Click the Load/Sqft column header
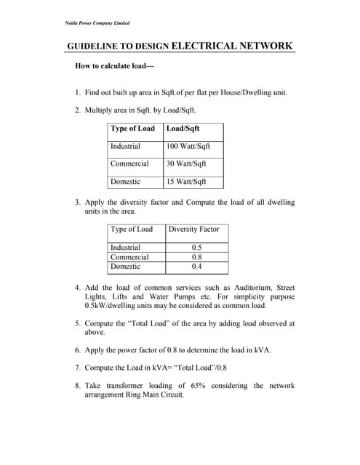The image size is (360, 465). tap(183, 129)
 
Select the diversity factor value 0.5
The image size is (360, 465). tap(196, 248)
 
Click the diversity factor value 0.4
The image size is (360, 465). tap(196, 267)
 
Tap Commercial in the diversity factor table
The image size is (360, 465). tap(129, 257)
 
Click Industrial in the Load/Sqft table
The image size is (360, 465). tap(126, 146)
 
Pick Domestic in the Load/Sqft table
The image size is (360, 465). tap(126, 182)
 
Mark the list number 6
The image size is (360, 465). tap(78, 350)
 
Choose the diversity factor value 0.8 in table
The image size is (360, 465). tap(196, 257)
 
